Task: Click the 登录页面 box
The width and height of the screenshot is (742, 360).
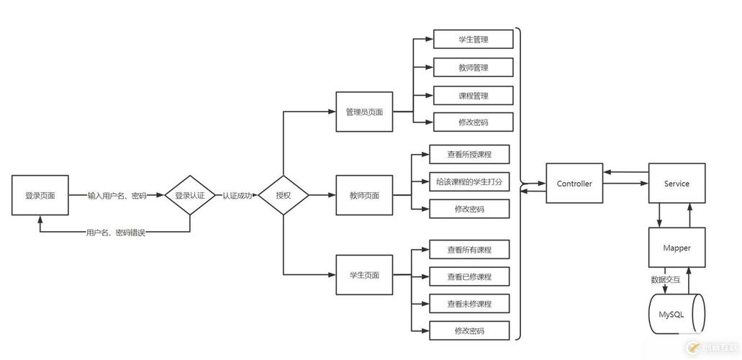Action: (40, 195)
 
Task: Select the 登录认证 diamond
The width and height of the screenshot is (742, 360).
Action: (190, 195)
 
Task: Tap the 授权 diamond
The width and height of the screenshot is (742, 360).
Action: (283, 195)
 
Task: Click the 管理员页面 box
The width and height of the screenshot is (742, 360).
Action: (364, 112)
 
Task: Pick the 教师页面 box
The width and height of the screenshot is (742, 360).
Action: (364, 195)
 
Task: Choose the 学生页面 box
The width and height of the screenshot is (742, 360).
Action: (364, 274)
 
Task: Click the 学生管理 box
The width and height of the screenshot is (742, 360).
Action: (473, 39)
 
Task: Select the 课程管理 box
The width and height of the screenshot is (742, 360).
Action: (473, 95)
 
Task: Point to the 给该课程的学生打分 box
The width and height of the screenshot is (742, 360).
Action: (469, 182)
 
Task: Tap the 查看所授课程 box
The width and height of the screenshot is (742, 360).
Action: (469, 154)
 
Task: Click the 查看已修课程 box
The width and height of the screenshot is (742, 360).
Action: (469, 276)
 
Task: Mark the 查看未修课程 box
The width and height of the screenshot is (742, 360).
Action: (469, 304)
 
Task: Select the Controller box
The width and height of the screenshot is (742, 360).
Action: (574, 184)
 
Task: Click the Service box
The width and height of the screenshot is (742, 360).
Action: (677, 184)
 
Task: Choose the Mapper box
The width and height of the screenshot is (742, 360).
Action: (677, 248)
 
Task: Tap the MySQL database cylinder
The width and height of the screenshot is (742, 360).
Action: (677, 315)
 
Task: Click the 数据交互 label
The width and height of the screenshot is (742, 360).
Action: (665, 280)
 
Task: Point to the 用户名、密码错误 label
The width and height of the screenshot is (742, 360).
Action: (115, 233)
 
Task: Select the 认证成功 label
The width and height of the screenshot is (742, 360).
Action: (237, 195)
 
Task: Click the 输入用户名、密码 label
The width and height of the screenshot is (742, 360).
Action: (117, 195)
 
